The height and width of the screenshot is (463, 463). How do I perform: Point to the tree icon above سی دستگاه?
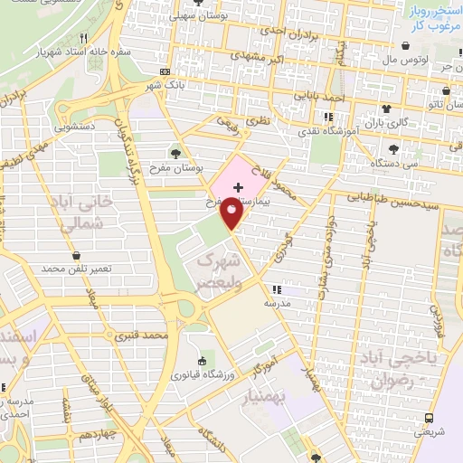[x=392, y=150]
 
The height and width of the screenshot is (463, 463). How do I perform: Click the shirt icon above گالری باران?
[x=391, y=106]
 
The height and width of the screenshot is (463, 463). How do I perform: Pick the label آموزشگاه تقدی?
[x=327, y=131]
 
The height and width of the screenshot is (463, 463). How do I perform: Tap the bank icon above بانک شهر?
[x=164, y=71]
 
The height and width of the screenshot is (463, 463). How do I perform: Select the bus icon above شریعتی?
[x=429, y=418]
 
